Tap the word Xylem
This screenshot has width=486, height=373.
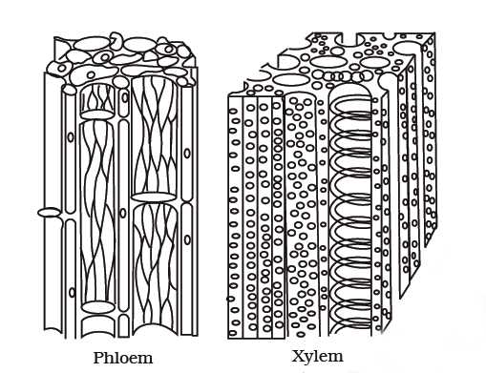pyautogui.click(x=317, y=358)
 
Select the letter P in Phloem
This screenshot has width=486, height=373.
pyautogui.click(x=98, y=358)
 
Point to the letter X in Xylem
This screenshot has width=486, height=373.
pyautogui.click(x=296, y=358)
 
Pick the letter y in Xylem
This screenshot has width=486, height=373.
pyautogui.click(x=308, y=360)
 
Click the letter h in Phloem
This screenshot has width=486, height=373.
pyautogui.click(x=111, y=358)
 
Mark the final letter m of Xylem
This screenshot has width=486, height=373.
pyautogui.click(x=336, y=359)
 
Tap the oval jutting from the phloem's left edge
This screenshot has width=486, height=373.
pyautogui.click(x=49, y=212)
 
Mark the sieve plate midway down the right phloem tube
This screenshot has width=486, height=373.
pyautogui.click(x=154, y=197)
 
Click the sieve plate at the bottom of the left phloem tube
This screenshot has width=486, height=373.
pyautogui.click(x=97, y=307)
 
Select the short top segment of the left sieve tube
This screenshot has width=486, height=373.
pyautogui.click(x=97, y=98)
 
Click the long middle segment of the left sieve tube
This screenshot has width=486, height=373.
pyautogui.click(x=97, y=210)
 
